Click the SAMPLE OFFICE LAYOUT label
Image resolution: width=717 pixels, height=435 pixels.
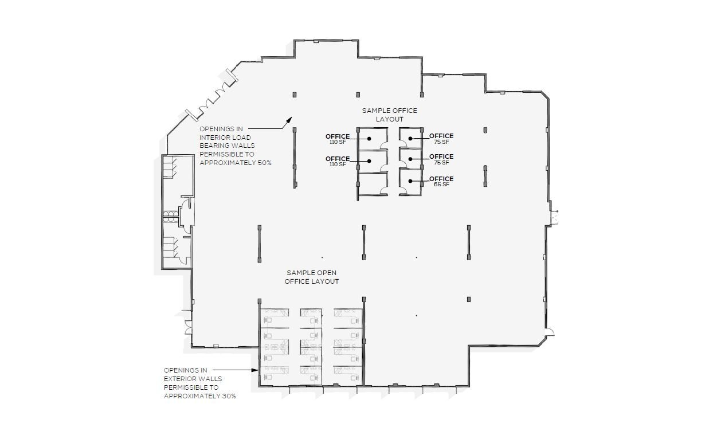coord(389,115)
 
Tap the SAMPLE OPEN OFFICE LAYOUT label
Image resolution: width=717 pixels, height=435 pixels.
coord(312,277)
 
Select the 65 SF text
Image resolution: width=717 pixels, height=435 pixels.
coord(441,185)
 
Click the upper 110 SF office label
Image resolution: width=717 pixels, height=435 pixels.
coord(338,142)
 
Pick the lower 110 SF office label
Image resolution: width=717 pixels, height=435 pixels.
coord(338,164)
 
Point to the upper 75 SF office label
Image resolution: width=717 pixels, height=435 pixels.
coord(441,142)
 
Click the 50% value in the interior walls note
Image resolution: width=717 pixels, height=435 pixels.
coord(264,163)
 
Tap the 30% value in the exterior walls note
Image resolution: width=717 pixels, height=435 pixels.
coord(228,396)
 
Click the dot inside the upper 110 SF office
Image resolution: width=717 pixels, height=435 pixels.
coord(370,139)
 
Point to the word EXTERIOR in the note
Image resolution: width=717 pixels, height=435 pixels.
coord(180,379)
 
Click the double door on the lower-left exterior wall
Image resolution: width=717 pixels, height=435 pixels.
coord(187,327)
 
